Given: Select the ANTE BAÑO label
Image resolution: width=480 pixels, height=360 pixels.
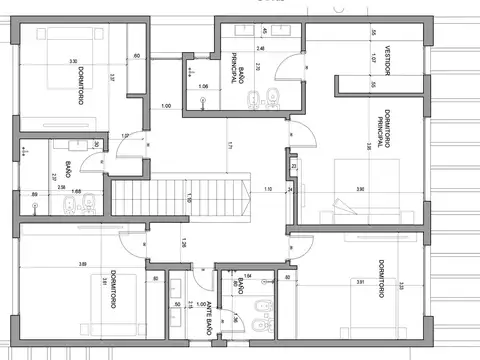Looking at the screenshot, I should coord(206,318).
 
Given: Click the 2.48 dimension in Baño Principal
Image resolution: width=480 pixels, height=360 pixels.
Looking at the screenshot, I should coord(261,48).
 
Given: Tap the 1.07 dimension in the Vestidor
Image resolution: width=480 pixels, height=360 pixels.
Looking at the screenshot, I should coord(372,61).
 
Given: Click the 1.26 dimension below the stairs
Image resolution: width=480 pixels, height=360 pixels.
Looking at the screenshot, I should coord(184,242).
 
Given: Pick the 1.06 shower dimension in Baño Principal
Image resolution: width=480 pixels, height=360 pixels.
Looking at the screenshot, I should coord(203,86).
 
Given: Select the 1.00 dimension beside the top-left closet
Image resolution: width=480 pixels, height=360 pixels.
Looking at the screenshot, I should coord(166,105).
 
